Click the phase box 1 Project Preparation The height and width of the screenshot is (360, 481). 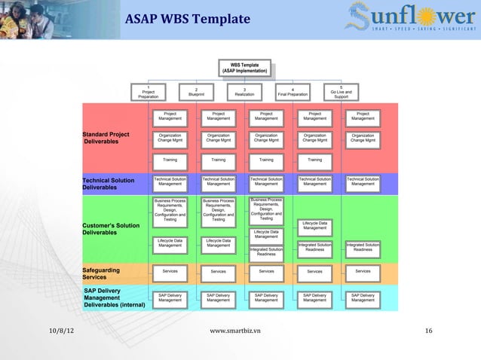pyautogui.click(x=149, y=91)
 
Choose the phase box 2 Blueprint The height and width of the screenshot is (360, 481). pyautogui.click(x=196, y=91)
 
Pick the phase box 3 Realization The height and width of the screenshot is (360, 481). pyautogui.click(x=244, y=91)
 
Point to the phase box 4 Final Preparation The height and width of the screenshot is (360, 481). pyautogui.click(x=293, y=91)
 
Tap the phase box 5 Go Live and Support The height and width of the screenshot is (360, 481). pyautogui.click(x=341, y=91)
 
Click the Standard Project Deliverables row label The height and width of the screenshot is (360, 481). pyautogui.click(x=106, y=138)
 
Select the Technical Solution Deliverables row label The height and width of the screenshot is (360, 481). pyautogui.click(x=109, y=184)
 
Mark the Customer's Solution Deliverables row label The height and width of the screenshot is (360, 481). pyautogui.click(x=111, y=229)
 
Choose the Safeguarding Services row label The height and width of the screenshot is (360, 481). pyautogui.click(x=101, y=273)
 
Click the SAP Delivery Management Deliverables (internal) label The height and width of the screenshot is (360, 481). pyautogui.click(x=114, y=297)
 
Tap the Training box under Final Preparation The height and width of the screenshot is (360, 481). pyautogui.click(x=314, y=160)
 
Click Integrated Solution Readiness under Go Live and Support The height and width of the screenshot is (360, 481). pyautogui.click(x=363, y=247)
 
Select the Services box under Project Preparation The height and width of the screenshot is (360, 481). pyautogui.click(x=170, y=270)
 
